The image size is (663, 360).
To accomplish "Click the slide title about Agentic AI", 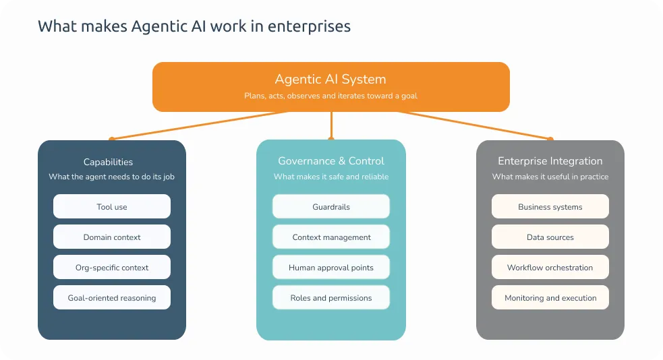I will (194, 26).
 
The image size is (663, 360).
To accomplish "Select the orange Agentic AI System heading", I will (330, 80).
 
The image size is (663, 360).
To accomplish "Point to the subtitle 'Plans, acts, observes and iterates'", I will (330, 96).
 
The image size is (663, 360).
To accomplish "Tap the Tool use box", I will (112, 207).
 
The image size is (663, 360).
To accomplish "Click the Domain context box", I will (112, 237).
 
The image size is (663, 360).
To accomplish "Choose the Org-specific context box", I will (112, 268).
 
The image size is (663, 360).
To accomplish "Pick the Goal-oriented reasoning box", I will (112, 298).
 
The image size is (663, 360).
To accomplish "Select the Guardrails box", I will (331, 207).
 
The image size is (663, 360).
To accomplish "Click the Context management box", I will (331, 237).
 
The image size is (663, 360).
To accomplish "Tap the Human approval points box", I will (331, 268).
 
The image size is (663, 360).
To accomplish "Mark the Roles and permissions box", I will (331, 298).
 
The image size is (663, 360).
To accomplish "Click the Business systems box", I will (550, 207).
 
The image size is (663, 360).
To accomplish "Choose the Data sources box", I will (550, 237).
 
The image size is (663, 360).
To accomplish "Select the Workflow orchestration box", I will (550, 268).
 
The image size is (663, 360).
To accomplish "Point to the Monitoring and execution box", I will (550, 298).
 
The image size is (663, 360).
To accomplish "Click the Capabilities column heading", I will (108, 162).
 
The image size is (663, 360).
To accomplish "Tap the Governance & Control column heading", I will (331, 161).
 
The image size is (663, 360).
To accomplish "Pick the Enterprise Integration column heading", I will (550, 161).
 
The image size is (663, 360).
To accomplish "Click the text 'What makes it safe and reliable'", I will (331, 177).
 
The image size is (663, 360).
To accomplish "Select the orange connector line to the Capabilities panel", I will (202, 125).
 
